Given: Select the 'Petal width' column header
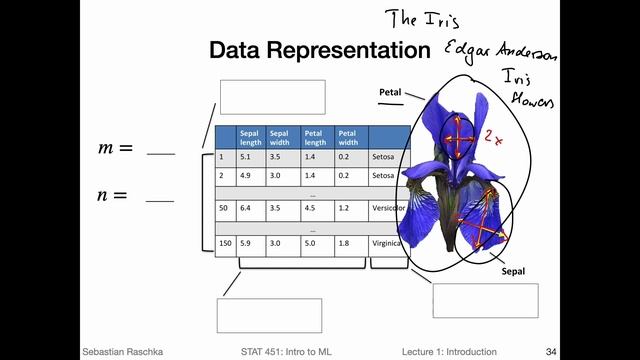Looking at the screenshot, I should click(348, 137).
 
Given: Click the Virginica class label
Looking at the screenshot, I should click(387, 242).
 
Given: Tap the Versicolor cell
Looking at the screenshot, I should click(388, 208).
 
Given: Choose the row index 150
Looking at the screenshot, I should click(224, 242).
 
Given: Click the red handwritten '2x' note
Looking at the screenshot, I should click(492, 137).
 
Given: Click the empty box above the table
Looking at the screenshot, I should click(272, 97).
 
